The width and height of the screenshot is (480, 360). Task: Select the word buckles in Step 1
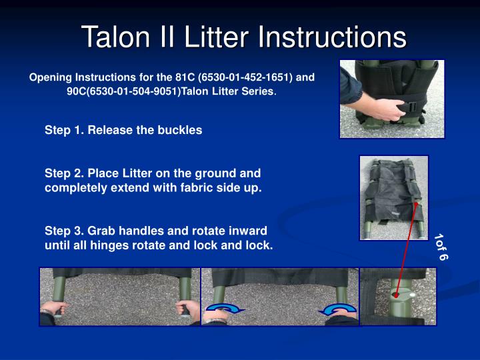point(179,131)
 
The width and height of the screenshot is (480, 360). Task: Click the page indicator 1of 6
point(441,246)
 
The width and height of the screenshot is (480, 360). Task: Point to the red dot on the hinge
point(396,295)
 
